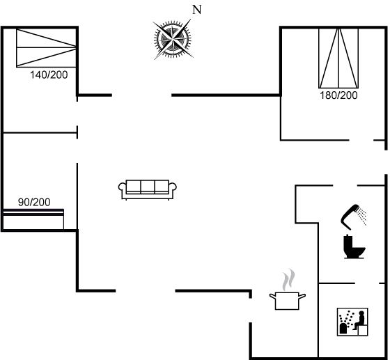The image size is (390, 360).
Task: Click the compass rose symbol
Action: [x=173, y=39]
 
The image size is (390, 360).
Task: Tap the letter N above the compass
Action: [x=196, y=10]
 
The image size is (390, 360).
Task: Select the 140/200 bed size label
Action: [x=49, y=75]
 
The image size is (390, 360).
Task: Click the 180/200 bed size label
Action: [x=338, y=95]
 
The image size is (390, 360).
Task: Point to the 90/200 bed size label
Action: [x=34, y=202]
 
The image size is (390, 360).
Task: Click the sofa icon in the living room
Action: [x=148, y=189]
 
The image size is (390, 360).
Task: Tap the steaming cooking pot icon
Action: [x=288, y=290]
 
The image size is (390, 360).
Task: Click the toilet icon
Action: [x=354, y=246]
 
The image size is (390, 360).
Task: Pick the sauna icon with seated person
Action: [x=352, y=322]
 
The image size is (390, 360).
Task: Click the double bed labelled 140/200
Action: [x=46, y=48]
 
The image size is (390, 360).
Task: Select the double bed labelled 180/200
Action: [x=338, y=58]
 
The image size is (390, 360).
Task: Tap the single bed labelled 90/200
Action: [x=33, y=219]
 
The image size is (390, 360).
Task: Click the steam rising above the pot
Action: [x=288, y=280]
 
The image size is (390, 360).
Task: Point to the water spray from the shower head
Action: [x=361, y=217]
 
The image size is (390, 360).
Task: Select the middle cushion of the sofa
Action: [x=148, y=187]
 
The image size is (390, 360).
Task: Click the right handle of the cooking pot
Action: [x=302, y=296]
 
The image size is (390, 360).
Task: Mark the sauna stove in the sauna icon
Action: [x=343, y=328]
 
